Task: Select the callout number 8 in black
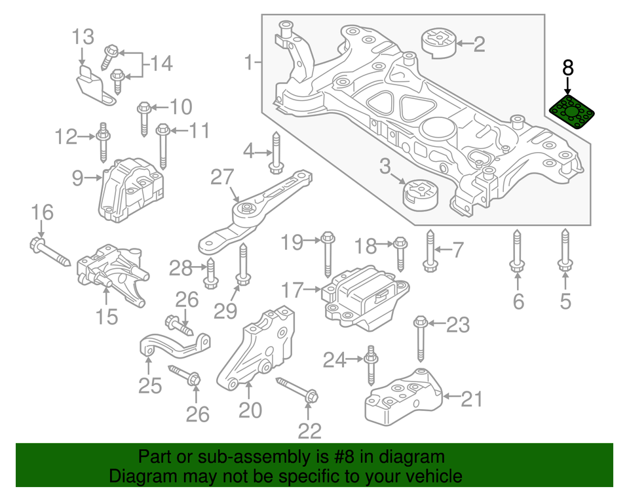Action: click(568, 68)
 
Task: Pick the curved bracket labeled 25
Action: click(173, 344)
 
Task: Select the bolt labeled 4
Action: click(275, 154)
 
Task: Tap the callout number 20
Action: click(250, 410)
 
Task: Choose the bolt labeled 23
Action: click(421, 338)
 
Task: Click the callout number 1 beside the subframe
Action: click(248, 63)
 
